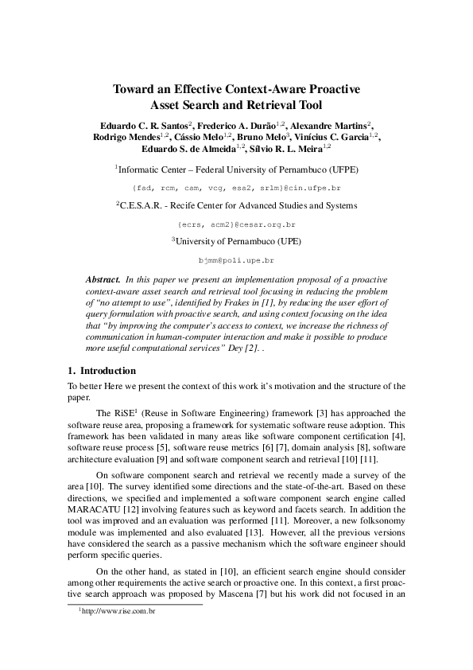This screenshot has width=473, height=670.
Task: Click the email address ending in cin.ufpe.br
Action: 236,187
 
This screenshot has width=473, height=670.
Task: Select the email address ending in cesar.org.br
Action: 236,225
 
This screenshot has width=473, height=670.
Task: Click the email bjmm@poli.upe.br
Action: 236,260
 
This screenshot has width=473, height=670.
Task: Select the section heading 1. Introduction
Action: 102,371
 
